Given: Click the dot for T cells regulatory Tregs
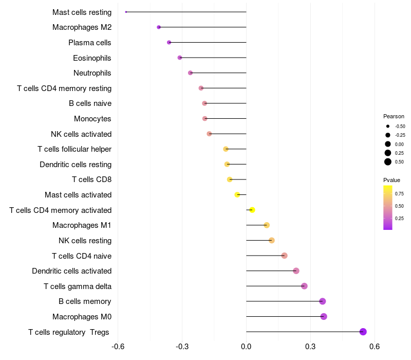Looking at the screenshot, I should [363, 332].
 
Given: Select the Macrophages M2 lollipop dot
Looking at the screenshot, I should [159, 27].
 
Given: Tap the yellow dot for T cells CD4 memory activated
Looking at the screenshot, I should [252, 210].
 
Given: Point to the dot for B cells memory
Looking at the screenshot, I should [323, 301].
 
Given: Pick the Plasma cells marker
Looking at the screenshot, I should [169, 42].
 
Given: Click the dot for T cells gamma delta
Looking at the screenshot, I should [304, 286].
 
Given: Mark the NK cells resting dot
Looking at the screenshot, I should [272, 240].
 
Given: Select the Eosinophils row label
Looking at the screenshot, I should [92, 58].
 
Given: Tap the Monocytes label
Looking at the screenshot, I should [92, 118].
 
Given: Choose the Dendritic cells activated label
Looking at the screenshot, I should [71, 271].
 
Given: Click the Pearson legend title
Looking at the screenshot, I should [394, 116].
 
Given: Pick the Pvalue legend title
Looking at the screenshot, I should [391, 180].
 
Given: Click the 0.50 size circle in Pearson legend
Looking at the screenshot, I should [388, 162].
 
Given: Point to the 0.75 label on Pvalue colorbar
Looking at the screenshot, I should [399, 194].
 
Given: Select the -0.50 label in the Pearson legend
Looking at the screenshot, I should [400, 127].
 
